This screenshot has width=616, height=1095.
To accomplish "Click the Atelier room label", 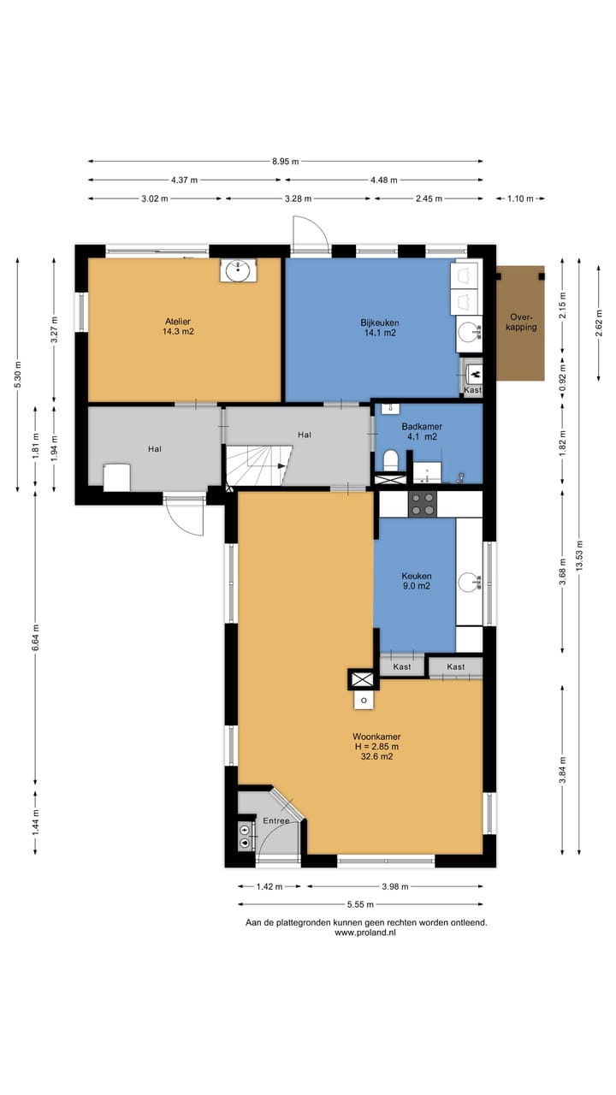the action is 178,327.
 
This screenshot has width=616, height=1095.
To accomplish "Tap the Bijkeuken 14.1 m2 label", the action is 380,328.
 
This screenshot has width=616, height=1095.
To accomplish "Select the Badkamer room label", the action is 422,432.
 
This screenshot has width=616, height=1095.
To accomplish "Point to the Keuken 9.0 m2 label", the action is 417,581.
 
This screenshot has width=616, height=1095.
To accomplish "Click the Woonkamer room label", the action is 376,747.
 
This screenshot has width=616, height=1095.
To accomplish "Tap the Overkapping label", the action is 521,323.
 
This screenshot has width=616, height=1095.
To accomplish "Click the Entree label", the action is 276,820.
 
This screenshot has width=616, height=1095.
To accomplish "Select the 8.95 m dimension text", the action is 286,162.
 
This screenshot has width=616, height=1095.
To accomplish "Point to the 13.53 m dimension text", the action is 579,555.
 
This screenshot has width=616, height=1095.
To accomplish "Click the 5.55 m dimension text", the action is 360,904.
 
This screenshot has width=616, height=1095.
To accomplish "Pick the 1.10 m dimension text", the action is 520,198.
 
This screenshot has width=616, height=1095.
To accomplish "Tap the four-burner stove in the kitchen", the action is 423,504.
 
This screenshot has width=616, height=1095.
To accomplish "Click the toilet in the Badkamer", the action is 390,460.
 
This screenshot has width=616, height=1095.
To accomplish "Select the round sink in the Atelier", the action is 238,269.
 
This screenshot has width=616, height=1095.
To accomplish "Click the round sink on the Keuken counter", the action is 470,583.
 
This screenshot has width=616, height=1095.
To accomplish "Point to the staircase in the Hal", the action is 258,465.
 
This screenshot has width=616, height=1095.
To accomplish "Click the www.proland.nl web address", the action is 365,932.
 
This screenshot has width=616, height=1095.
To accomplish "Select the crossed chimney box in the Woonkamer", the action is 363,680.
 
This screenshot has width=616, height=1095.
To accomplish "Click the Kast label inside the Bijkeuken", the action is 472,390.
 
